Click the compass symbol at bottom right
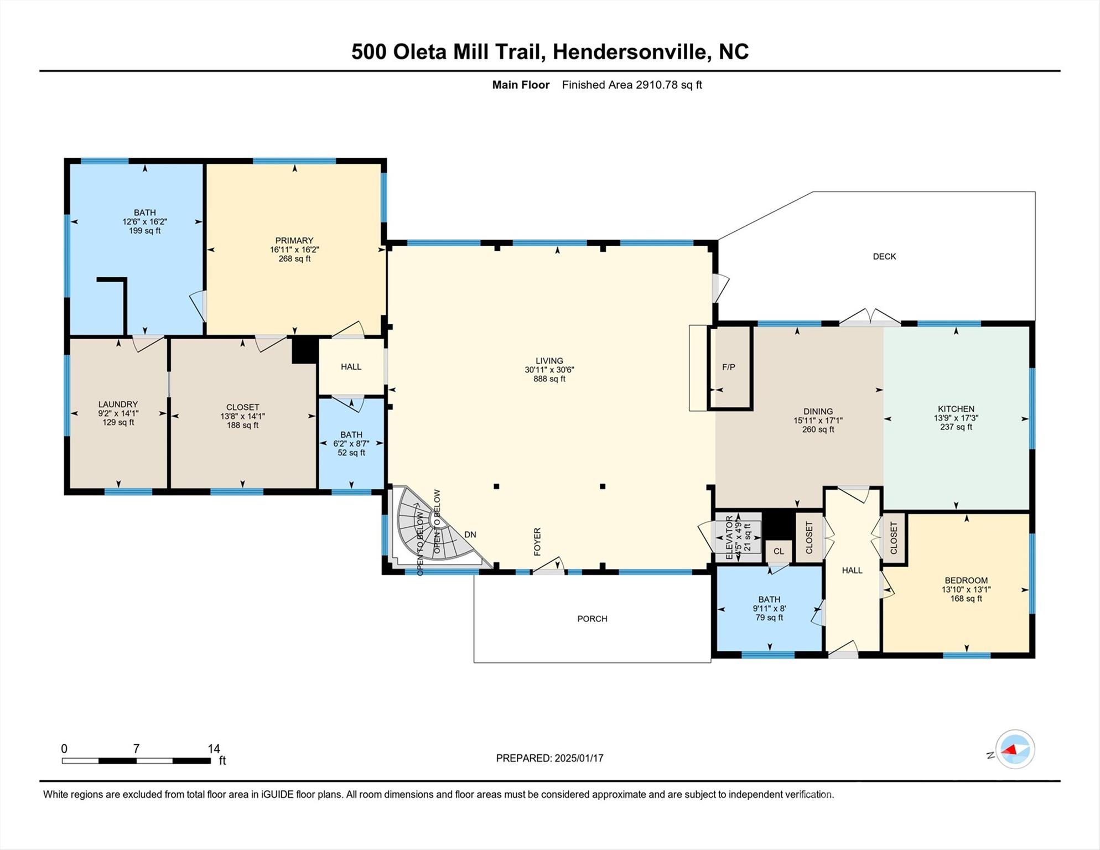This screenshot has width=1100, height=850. [1015, 749]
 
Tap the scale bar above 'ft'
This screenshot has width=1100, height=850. [136, 761]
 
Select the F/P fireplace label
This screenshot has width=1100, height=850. [729, 367]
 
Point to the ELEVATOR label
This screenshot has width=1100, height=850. [729, 537]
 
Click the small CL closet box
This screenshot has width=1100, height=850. [779, 551]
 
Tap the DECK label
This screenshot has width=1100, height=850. [884, 256]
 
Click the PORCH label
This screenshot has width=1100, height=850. [592, 619]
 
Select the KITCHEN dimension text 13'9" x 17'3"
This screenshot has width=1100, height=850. [956, 418]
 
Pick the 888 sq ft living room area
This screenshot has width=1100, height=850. [549, 379]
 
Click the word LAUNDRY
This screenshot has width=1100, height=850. [118, 405]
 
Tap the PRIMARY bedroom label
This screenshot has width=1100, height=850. [294, 241]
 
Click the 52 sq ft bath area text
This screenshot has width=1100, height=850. [351, 453]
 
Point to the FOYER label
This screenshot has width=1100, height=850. [537, 542]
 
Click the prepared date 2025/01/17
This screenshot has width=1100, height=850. [579, 758]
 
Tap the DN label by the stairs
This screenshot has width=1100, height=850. [470, 535]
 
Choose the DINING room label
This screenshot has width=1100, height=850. [818, 412]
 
